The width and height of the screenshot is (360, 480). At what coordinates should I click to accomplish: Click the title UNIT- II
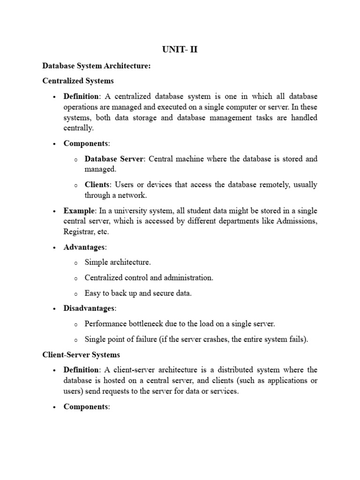pyautogui.click(x=180, y=49)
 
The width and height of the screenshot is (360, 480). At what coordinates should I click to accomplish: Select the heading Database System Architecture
pyautogui.click(x=96, y=67)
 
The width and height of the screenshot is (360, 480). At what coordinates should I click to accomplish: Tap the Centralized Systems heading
pyautogui.click(x=78, y=81)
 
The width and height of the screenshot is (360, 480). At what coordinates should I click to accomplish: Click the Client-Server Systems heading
pyautogui.click(x=81, y=354)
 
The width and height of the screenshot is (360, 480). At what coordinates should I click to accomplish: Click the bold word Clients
pyautogui.click(x=97, y=185)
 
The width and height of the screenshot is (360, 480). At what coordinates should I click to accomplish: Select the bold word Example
pyautogui.click(x=79, y=211)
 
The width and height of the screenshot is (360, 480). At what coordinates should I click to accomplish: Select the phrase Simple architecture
pyautogui.click(x=118, y=262)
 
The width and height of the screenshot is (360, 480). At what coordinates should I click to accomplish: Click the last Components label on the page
pyautogui.click(x=86, y=407)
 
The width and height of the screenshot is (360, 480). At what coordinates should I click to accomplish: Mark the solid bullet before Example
pyautogui.click(x=54, y=211)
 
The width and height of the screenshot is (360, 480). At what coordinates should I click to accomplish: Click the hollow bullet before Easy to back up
pyautogui.click(x=75, y=294)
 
